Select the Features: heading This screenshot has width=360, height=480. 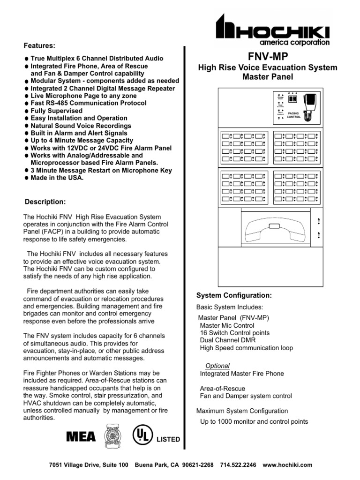coord(40,45)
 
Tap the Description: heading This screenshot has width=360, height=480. coord(45,202)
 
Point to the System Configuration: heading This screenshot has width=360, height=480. coord(233,295)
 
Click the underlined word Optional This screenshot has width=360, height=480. coord(218,366)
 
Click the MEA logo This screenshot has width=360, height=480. coord(81,437)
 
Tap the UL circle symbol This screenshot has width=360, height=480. coord(142,435)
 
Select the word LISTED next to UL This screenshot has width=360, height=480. coord(168,439)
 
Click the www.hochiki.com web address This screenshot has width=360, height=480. coord(287,465)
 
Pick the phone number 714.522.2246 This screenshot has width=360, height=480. coord(238,465)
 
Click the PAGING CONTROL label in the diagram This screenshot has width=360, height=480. coord(294,114)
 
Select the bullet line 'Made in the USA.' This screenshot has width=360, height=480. coord(57,178)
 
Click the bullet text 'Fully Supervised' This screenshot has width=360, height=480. coord(57,111)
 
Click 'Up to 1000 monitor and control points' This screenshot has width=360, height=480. coord(254,421)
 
